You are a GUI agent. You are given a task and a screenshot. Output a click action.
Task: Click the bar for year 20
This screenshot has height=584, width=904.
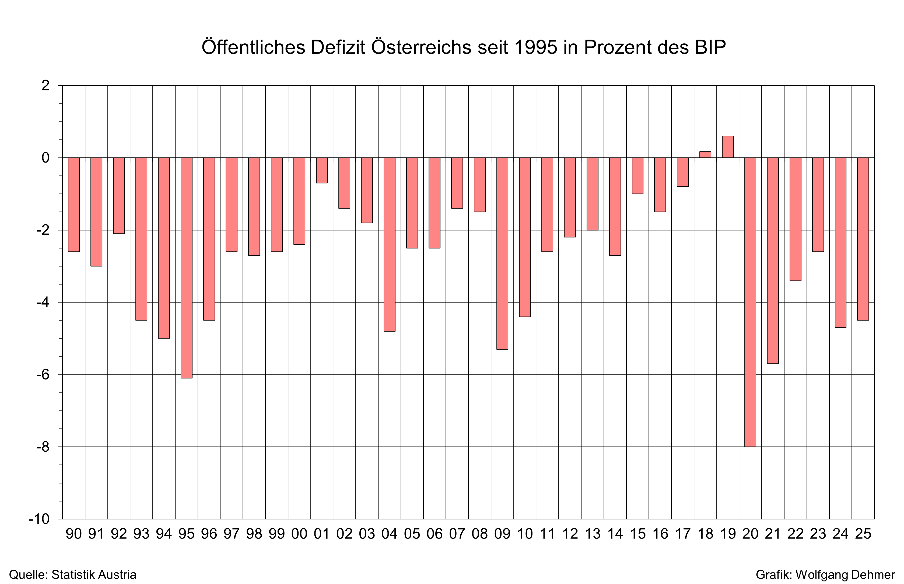pos(750,302)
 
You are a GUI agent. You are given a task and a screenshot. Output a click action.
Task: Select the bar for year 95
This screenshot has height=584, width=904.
pos(186,268)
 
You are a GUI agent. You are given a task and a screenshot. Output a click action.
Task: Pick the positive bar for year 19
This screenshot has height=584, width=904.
pos(728,147)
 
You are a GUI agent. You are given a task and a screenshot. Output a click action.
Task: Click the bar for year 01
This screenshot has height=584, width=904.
pos(322,170)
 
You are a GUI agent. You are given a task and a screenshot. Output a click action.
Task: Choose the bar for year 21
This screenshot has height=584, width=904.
pos(773,261)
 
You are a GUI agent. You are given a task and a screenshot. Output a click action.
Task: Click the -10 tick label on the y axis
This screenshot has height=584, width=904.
pos(39,519)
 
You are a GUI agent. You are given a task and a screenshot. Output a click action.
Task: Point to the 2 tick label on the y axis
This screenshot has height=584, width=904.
pos(45,85)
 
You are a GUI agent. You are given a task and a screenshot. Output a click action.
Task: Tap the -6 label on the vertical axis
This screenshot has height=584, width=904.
pos(43,375)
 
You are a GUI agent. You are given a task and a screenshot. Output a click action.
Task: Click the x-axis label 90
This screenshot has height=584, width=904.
pos(73,534)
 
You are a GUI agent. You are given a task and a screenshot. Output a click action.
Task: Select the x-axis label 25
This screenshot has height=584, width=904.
pos(863,534)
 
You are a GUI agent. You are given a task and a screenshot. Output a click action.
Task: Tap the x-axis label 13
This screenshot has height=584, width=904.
pos(593,534)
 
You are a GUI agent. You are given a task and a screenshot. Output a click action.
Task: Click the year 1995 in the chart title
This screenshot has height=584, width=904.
pos(535,47)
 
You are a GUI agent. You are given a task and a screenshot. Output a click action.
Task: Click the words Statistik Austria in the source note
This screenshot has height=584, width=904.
pos(94,575)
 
